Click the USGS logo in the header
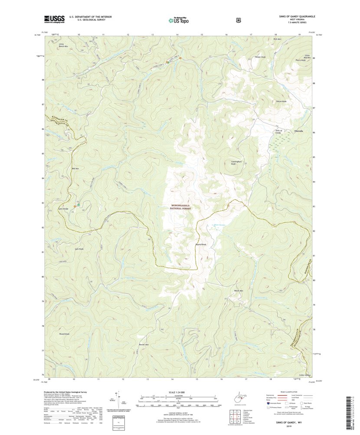pos(54,19)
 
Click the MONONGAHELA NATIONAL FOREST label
pos(180,207)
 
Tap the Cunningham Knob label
pos(236,163)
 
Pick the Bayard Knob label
pos(200,244)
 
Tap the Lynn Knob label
pos(79,249)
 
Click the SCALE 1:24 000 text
pos(179,392)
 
